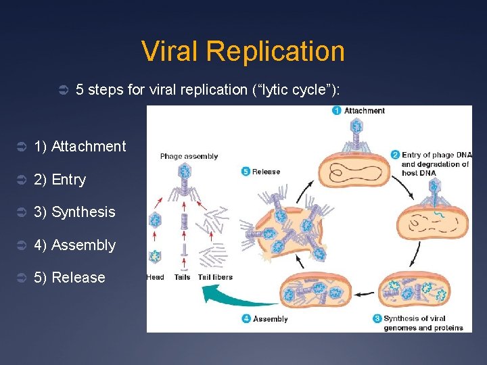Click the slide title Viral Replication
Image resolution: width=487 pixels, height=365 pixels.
point(243,51)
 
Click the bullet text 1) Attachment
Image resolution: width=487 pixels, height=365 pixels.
point(80,147)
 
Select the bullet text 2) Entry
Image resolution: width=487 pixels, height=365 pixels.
point(60,180)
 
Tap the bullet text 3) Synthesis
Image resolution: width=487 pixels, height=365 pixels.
point(74,212)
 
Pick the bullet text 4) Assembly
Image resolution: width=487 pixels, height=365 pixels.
point(74,245)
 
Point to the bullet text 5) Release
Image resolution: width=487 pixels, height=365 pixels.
point(70,278)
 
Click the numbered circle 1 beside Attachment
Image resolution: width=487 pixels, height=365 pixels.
point(336,111)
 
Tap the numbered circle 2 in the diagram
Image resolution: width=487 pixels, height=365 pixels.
point(396,155)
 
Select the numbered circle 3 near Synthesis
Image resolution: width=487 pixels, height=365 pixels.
point(377,318)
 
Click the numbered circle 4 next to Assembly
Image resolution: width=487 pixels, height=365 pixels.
point(247,318)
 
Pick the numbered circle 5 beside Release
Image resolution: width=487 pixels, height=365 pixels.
point(246,172)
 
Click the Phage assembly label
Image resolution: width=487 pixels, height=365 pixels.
point(189,156)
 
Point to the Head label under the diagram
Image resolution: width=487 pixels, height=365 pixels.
point(155,277)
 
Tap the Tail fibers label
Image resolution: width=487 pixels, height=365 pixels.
point(215,277)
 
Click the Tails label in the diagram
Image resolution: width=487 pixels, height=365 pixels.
point(182,277)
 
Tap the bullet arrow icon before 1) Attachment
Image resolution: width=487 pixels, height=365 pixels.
point(20,147)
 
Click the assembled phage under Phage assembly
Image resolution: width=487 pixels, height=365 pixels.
point(185,182)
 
